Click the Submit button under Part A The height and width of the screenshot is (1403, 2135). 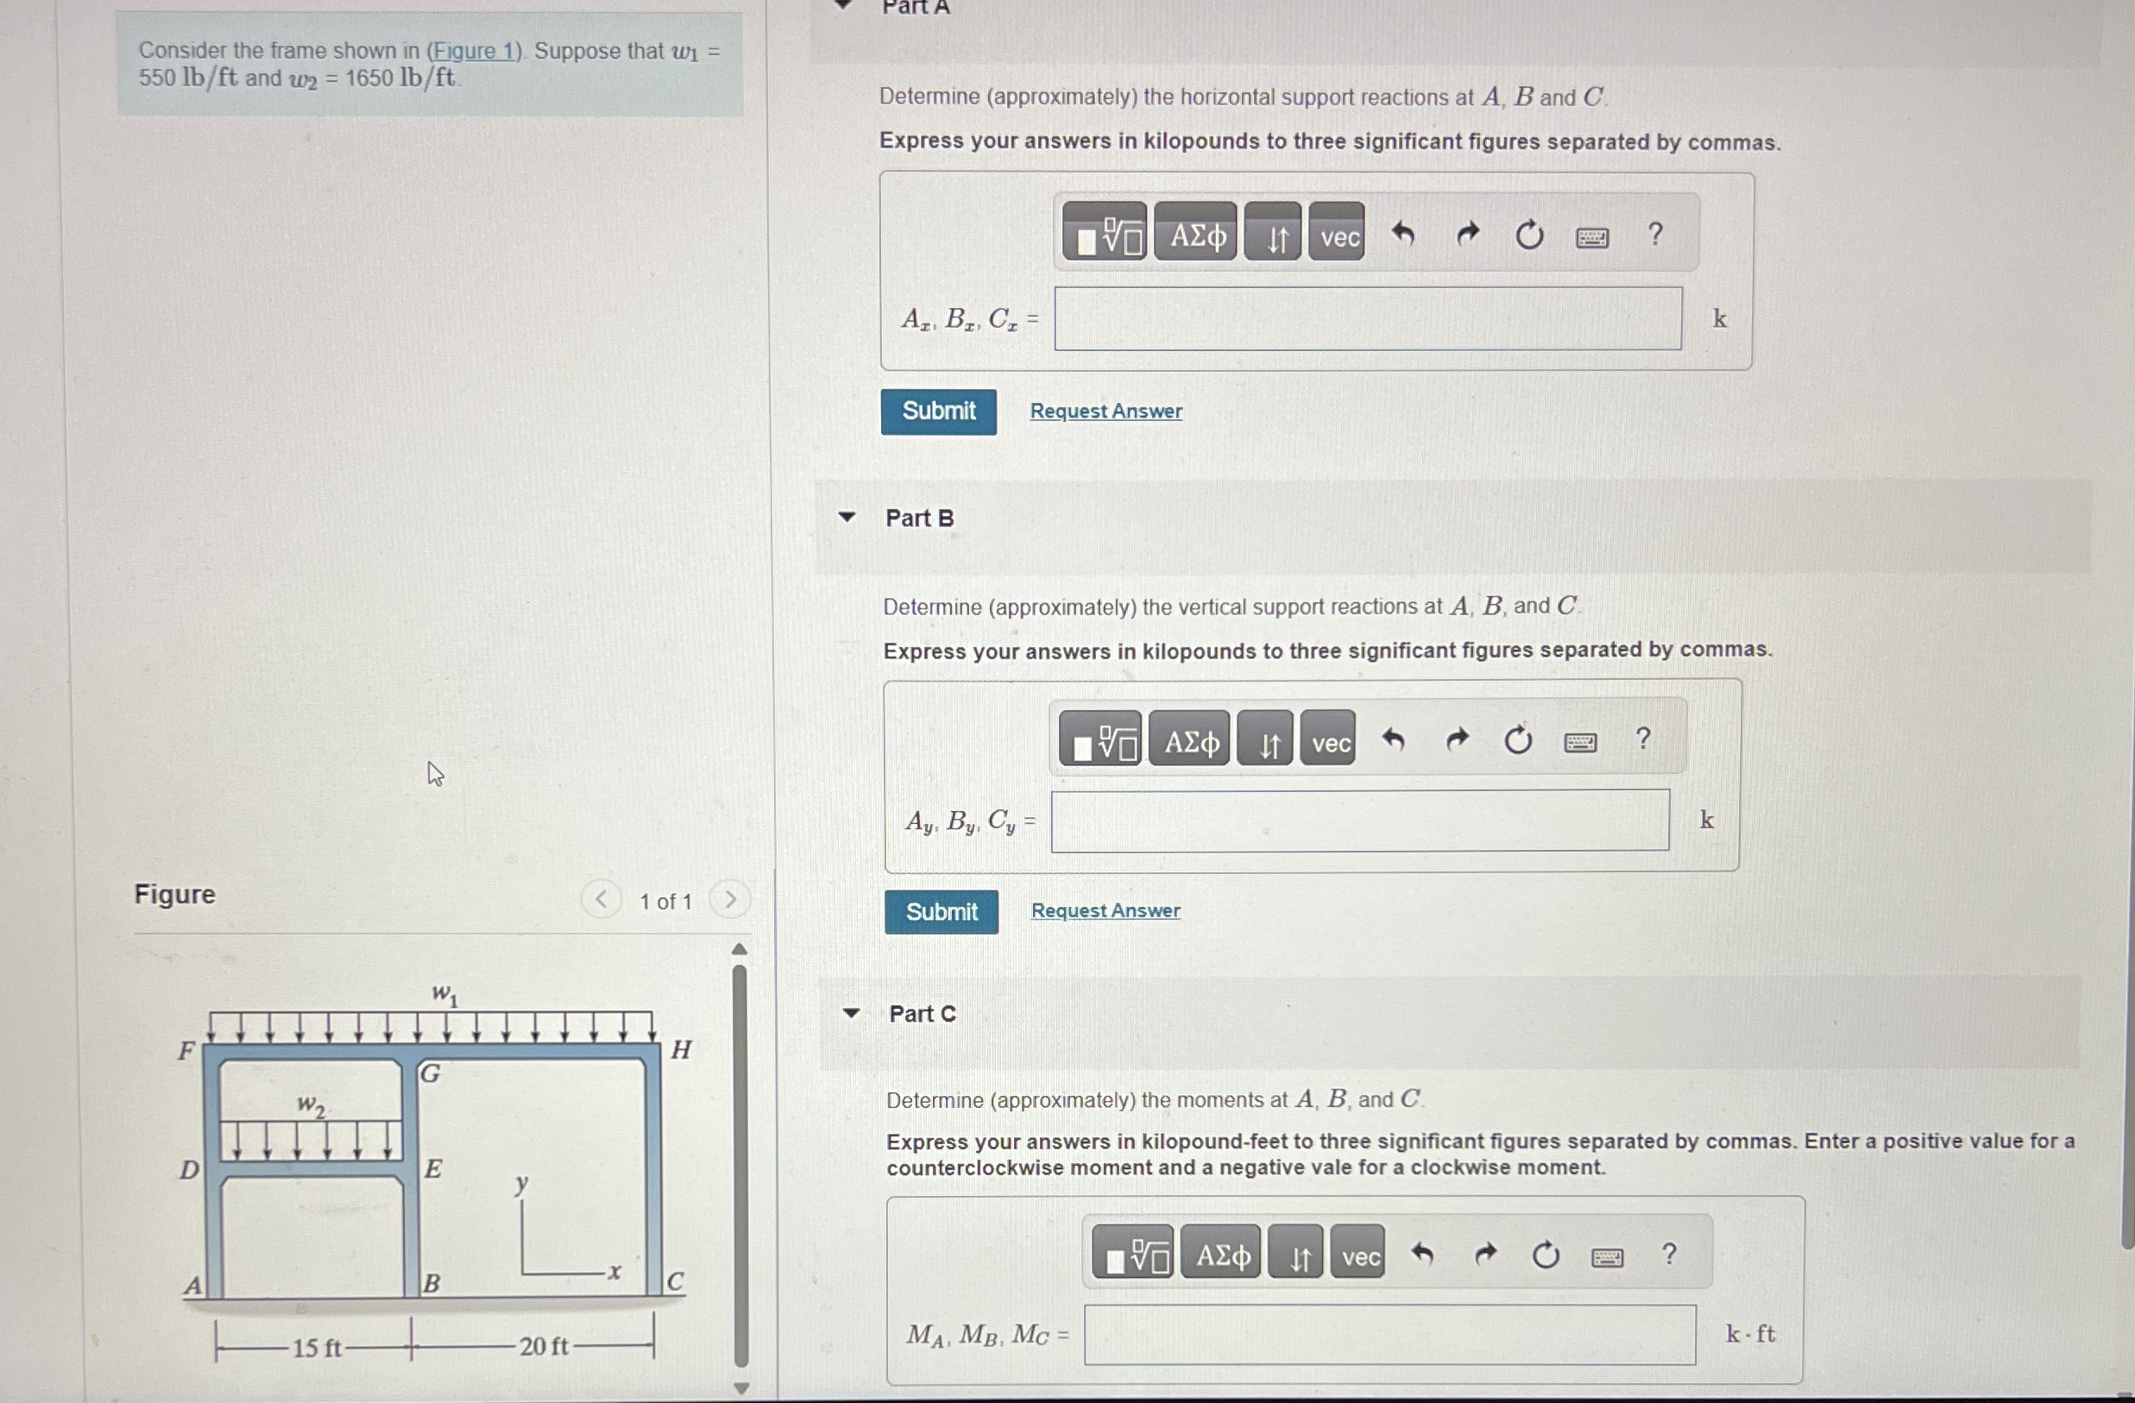(x=938, y=412)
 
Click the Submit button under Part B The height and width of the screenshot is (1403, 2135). (x=941, y=911)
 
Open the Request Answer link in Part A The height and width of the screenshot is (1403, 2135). (x=1105, y=411)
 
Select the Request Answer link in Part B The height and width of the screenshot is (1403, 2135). (x=1105, y=910)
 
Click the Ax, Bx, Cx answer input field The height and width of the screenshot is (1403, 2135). (x=1368, y=318)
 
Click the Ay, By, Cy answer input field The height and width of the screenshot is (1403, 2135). (x=1360, y=820)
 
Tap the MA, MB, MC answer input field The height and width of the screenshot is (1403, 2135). (x=1389, y=1335)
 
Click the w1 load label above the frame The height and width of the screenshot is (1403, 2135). (x=445, y=994)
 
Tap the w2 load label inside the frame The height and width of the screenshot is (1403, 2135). (x=311, y=1105)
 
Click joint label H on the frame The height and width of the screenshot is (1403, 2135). (x=682, y=1049)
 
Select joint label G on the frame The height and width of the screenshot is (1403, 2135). (x=431, y=1073)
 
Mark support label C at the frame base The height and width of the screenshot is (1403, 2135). (x=676, y=1281)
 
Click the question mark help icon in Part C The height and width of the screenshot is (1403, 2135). (x=1668, y=1254)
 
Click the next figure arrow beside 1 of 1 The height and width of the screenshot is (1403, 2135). (x=730, y=900)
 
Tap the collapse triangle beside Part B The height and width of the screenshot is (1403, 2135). (x=846, y=517)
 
